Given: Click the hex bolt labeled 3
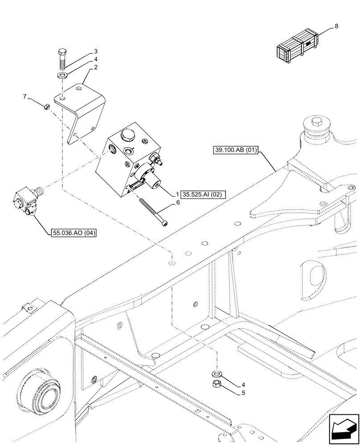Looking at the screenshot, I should (x=63, y=58).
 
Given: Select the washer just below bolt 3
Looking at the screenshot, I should (x=63, y=74).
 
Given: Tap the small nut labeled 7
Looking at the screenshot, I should (x=46, y=106).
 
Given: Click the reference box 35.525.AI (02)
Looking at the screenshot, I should (x=203, y=194).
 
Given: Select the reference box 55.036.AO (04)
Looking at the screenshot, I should (x=74, y=232).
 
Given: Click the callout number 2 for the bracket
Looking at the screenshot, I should (x=95, y=67).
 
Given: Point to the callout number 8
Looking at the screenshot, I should (x=336, y=26).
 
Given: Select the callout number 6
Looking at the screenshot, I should (x=178, y=202).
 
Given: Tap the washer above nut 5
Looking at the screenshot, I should (x=217, y=372).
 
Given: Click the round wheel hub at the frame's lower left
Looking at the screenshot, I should (x=40, y=387).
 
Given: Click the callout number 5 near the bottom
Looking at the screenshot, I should (x=243, y=393).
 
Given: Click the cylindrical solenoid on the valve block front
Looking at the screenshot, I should (x=152, y=178).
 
